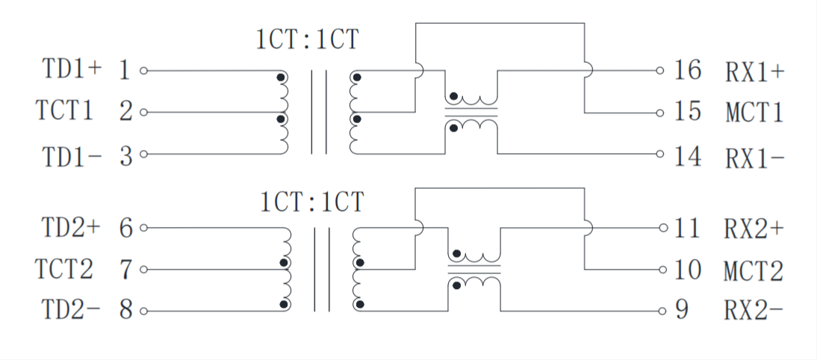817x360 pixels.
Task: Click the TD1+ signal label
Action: tap(72, 70)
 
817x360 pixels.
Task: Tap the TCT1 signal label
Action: tap(65, 112)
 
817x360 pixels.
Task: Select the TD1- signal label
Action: tap(72, 156)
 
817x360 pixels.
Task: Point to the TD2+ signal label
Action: tap(72, 227)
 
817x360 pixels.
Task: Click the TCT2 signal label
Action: tap(65, 269)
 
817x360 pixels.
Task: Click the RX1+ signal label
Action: tap(754, 72)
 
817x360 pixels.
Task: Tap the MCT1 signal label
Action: tap(754, 114)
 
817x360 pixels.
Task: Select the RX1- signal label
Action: tap(754, 158)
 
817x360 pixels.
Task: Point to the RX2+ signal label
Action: tap(754, 228)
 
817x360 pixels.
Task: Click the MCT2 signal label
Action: tap(754, 270)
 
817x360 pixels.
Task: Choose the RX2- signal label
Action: tap(754, 311)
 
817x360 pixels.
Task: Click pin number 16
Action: tap(688, 71)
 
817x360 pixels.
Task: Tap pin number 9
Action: tap(681, 310)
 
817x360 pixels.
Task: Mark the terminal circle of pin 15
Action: tap(660, 114)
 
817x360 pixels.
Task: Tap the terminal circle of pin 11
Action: tap(662, 227)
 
